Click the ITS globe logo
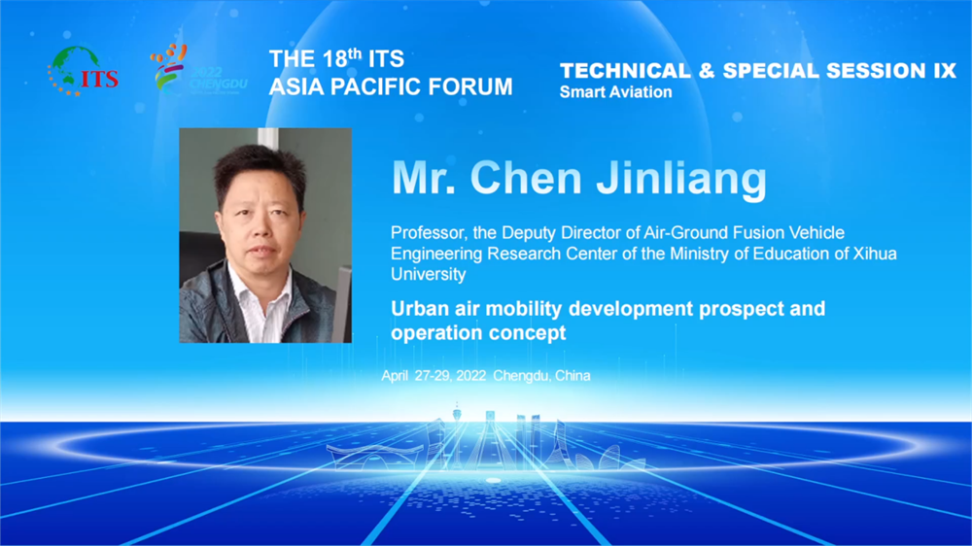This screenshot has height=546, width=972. [x=83, y=71]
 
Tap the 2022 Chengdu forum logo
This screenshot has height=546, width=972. [x=198, y=69]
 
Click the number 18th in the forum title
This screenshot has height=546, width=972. [x=341, y=58]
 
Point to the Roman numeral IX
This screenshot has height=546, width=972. [x=945, y=71]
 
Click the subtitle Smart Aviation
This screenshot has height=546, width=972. [x=615, y=92]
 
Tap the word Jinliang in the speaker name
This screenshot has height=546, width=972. [x=681, y=180]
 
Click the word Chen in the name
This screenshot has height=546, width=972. [x=527, y=179]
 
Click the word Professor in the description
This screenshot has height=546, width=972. [x=428, y=233]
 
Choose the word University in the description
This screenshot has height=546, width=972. [x=429, y=275]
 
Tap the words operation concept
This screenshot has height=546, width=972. [x=478, y=333]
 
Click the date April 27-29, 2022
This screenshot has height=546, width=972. [x=434, y=376]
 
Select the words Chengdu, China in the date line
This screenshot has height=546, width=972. [x=541, y=376]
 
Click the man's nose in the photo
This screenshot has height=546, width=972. [x=262, y=232]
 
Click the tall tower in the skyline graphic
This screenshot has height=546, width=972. [x=458, y=427]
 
